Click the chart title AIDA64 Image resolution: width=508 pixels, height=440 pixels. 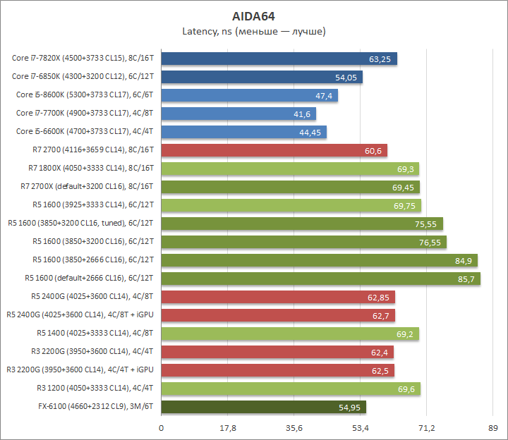click(x=254, y=16)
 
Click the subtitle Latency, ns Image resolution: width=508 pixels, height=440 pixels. click(x=254, y=32)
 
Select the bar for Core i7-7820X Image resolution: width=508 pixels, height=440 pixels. click(x=279, y=59)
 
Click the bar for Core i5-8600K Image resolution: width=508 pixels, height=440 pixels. click(x=249, y=95)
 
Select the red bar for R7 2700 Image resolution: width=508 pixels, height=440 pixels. click(x=274, y=150)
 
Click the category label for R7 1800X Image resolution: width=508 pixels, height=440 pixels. click(x=92, y=169)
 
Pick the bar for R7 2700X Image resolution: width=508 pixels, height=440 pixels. click(x=290, y=187)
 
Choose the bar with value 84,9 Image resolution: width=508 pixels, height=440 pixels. click(x=319, y=260)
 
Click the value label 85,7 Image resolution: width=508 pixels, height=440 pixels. click(x=464, y=279)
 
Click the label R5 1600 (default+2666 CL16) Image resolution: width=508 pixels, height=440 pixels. click(x=89, y=279)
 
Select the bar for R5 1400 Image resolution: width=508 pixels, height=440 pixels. click(x=290, y=334)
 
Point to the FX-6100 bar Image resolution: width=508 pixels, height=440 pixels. click(x=263, y=407)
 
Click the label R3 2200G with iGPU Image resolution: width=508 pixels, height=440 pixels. click(x=80, y=370)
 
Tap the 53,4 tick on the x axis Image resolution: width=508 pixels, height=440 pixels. click(x=361, y=427)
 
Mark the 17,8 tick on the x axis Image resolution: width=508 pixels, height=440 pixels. click(x=228, y=427)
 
